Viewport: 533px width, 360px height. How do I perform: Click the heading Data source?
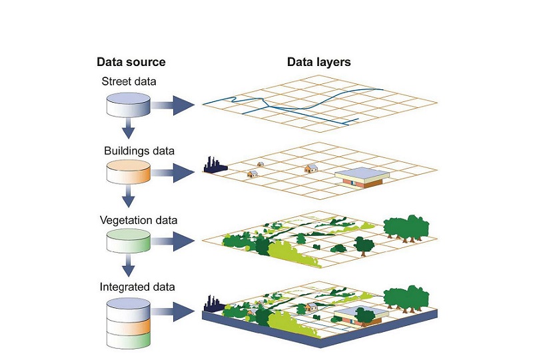click(x=131, y=62)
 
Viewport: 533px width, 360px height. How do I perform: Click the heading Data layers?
click(x=318, y=62)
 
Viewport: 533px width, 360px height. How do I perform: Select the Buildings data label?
click(x=139, y=151)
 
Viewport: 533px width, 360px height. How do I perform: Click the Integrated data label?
click(x=137, y=287)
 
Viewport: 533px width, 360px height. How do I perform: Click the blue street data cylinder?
click(x=128, y=104)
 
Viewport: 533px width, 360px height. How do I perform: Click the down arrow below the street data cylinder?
click(x=128, y=129)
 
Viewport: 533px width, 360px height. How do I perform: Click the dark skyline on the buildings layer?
click(x=215, y=164)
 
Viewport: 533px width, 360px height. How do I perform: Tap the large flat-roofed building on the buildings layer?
click(x=362, y=176)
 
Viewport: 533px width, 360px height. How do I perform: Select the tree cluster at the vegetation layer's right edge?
click(x=406, y=228)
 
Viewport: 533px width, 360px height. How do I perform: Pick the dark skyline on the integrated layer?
click(x=213, y=302)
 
